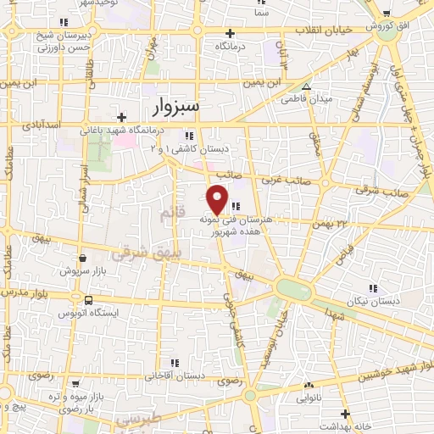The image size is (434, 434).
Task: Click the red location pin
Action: click(x=218, y=199)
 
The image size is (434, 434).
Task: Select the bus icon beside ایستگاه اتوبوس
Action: click(x=88, y=300)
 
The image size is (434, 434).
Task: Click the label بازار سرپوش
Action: click(x=80, y=270)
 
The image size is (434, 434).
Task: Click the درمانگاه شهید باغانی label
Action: click(x=118, y=131)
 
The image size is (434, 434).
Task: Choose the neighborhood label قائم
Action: click(x=171, y=214)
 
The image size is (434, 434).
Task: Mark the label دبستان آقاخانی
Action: click(x=176, y=374)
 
